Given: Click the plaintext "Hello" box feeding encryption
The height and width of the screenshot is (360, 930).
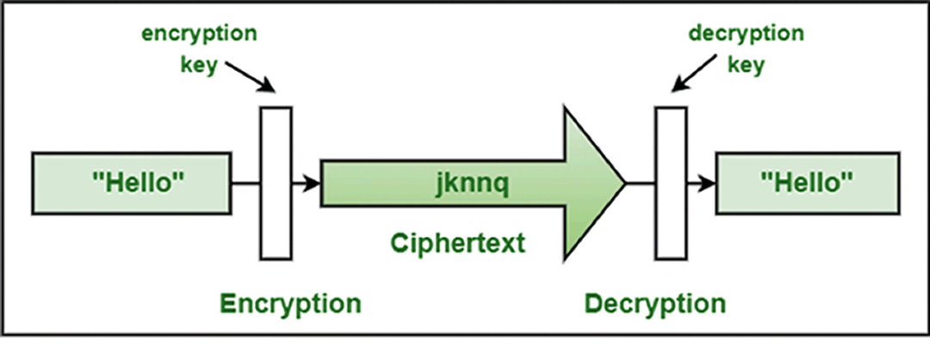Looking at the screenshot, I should [x=131, y=183].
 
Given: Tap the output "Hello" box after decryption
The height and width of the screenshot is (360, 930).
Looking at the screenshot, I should [x=808, y=183].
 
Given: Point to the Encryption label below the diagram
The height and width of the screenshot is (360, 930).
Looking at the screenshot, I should [x=289, y=304].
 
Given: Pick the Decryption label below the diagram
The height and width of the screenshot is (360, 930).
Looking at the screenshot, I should [x=655, y=304].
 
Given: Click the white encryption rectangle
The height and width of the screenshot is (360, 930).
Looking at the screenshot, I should [x=276, y=183].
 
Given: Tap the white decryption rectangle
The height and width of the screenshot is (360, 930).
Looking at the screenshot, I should [x=672, y=183].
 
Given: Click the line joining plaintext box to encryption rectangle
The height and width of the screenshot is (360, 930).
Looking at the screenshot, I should [x=245, y=183].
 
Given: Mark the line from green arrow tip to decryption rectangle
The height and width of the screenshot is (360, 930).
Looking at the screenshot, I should [x=641, y=183].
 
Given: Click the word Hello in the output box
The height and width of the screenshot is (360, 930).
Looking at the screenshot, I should [x=808, y=182].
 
